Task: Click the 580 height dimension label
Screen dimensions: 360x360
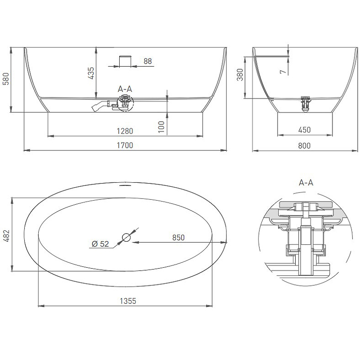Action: [6, 79]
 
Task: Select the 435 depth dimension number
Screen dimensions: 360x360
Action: [91, 73]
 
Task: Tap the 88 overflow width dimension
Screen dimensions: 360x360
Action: [148, 61]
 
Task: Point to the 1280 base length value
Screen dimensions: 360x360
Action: [125, 131]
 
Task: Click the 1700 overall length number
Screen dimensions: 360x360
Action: [125, 145]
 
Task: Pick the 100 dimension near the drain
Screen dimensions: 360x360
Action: [162, 127]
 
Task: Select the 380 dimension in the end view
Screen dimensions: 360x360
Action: [240, 75]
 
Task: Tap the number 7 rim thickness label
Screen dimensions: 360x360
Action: [283, 72]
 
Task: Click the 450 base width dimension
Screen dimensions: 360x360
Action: [305, 130]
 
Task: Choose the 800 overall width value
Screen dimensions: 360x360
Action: [305, 145]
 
